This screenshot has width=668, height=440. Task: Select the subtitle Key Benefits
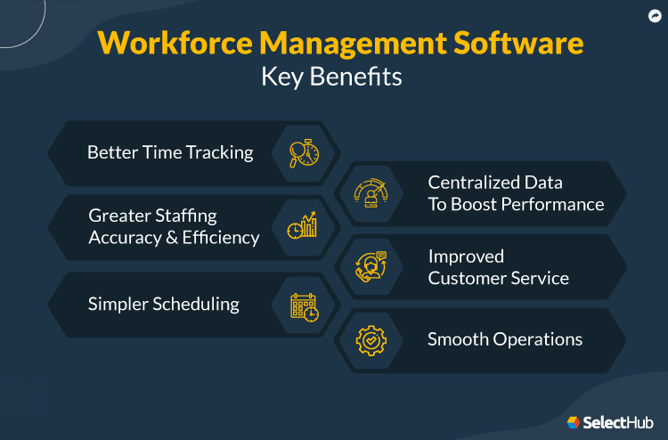point(331,77)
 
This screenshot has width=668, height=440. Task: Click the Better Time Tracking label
point(170,152)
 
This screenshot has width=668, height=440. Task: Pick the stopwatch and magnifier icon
point(304,153)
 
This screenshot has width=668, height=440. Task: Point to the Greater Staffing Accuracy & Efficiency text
point(174,227)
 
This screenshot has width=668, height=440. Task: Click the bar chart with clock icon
point(303,227)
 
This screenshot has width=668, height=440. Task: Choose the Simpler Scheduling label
point(163,304)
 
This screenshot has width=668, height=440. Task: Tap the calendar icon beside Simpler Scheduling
point(304,306)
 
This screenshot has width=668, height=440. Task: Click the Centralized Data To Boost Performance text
point(516,193)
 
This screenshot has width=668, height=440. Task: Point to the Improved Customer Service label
point(498,267)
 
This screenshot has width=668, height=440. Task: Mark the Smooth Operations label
point(505,339)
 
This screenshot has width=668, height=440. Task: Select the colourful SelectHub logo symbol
point(574,421)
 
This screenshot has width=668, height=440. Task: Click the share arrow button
point(655,15)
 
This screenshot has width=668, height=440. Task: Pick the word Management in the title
point(337,43)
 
